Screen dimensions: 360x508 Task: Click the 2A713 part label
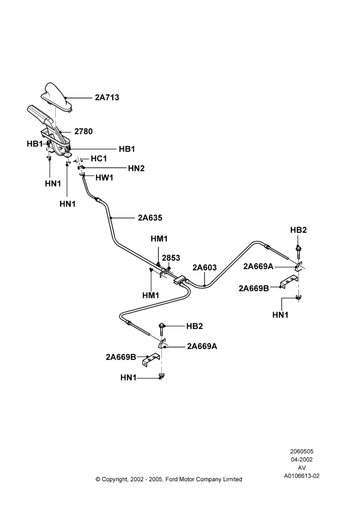point(107,97)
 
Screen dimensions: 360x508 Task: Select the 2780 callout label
point(83,131)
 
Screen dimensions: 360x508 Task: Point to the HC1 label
point(99,158)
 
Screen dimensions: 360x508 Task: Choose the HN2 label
point(136,168)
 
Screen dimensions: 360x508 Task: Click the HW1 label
point(104,177)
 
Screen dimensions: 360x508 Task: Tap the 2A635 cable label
point(150,218)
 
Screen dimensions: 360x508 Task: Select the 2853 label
point(171,258)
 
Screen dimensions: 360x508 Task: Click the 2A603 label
point(204,267)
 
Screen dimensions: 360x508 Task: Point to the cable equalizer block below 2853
point(179,279)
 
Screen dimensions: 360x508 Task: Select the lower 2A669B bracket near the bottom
point(151,360)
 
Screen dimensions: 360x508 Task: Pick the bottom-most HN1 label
point(129,377)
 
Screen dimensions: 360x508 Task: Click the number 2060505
point(302,451)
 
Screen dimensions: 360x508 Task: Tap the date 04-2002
point(302,459)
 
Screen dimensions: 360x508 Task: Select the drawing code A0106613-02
point(302,476)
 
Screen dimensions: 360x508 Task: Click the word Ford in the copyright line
point(171,479)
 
